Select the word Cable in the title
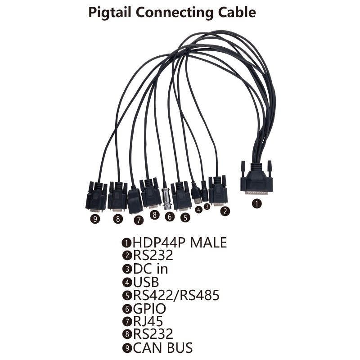click(235, 12)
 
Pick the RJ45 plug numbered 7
click(135, 201)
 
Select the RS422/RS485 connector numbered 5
click(182, 196)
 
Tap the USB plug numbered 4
click(197, 193)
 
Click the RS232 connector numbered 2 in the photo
click(218, 191)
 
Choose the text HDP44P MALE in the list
click(179, 243)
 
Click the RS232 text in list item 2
click(153, 256)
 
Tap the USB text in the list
click(145, 282)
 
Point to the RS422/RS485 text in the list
click(176, 295)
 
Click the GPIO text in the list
click(149, 309)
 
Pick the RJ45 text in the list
click(148, 321)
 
